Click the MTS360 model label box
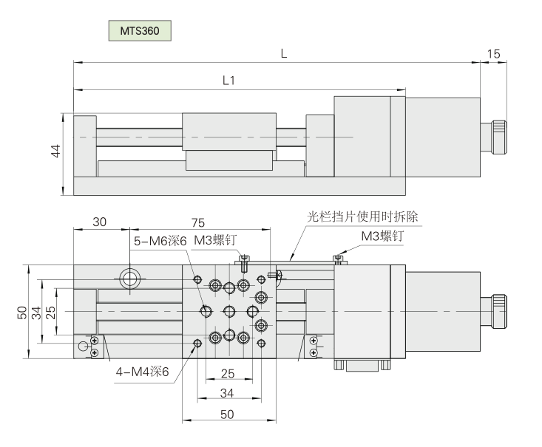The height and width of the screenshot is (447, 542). coord(140,32)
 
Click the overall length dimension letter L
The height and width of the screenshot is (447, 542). coord(284,53)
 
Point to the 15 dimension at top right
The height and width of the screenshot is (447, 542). coord(494,53)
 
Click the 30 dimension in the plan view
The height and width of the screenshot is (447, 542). coord(101,222)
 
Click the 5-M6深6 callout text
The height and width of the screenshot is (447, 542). coord(159,241)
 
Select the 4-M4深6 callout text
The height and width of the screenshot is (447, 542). coord(141,372)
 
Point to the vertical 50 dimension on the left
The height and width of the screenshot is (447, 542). coord(21,311)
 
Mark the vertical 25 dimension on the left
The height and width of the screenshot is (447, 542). coord(50,311)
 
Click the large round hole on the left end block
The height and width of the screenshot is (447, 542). coord(130,279)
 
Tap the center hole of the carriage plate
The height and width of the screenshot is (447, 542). coord(229,311)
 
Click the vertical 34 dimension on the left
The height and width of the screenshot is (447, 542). coord(35,311)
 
